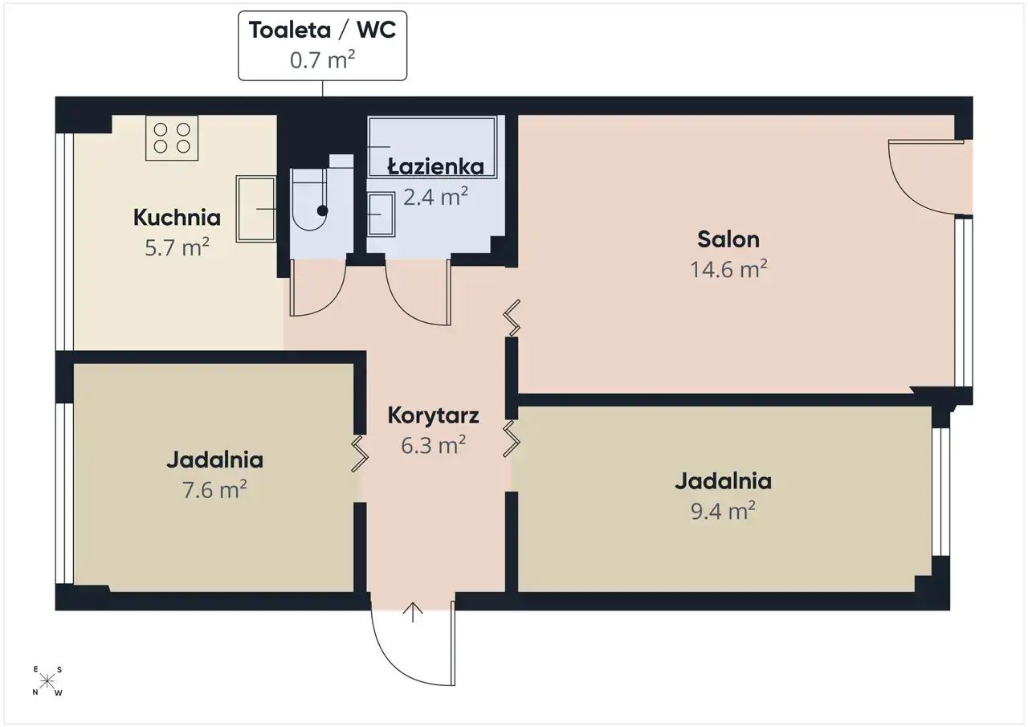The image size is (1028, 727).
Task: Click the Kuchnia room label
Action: click(x=177, y=218)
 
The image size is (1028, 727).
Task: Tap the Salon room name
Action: click(x=728, y=239)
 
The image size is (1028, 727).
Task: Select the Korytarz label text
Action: click(x=433, y=416)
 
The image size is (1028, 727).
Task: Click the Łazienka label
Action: click(x=435, y=166)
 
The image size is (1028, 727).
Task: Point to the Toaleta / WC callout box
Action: click(x=322, y=46)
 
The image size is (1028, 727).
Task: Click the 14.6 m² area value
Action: click(x=728, y=269)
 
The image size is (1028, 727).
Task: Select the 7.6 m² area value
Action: click(x=214, y=489)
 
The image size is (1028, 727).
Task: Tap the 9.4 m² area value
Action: click(x=723, y=510)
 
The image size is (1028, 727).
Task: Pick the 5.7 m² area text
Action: click(x=177, y=247)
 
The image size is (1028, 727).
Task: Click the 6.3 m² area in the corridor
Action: click(x=433, y=445)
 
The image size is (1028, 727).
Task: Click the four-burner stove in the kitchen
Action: click(x=172, y=137)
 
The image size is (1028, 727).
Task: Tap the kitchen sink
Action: click(x=256, y=209)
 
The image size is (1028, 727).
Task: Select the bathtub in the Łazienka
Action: click(x=432, y=147)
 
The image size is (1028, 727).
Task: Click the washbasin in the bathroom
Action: click(x=381, y=214)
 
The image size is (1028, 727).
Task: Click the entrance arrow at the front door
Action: click(x=413, y=612)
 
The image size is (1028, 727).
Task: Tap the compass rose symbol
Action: click(x=47, y=681)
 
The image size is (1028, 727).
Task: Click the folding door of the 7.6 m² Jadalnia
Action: click(x=360, y=453)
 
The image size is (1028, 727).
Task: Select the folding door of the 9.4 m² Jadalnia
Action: click(x=512, y=439)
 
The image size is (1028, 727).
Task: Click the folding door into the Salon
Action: click(x=512, y=317)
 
